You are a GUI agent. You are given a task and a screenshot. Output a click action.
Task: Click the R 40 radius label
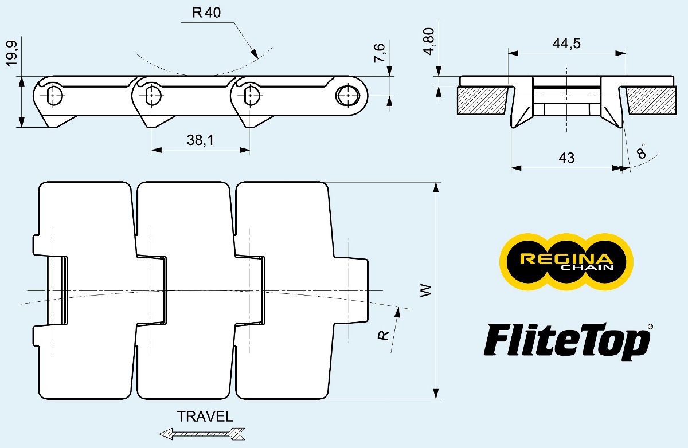(x=206, y=13)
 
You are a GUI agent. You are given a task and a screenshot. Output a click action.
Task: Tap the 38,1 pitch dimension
(x=200, y=140)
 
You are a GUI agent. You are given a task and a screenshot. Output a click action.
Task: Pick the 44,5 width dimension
(x=566, y=44)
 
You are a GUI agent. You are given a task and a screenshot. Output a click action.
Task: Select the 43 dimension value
(x=566, y=158)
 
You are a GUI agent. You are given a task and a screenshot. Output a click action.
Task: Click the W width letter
(x=425, y=290)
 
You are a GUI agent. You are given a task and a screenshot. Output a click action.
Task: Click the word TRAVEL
(x=205, y=416)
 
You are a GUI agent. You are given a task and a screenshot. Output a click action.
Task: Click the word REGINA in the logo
(x=566, y=258)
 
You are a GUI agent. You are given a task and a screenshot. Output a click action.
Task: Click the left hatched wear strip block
(x=484, y=100)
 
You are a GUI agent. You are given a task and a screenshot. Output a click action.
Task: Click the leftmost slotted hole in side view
(x=55, y=95)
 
